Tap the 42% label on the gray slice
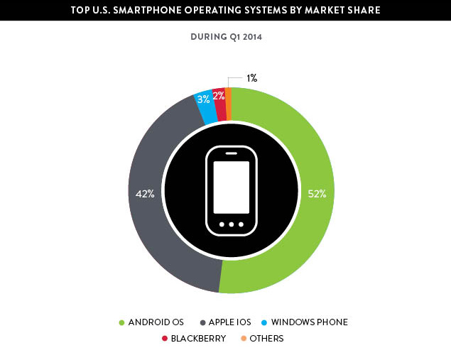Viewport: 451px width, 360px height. (x=144, y=192)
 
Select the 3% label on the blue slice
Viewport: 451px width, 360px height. (x=203, y=99)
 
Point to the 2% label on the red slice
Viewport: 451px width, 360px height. (x=219, y=95)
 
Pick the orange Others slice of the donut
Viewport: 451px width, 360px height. (x=228, y=92)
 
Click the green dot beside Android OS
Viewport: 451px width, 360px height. (x=121, y=322)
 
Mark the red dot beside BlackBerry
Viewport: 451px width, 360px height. (x=165, y=339)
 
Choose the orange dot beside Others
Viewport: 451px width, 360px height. (x=244, y=339)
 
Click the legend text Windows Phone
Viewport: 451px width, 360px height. (x=309, y=322)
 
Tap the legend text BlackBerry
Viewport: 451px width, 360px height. (x=198, y=339)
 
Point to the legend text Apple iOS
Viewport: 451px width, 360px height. (x=229, y=322)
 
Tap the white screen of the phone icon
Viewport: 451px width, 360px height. (x=232, y=187)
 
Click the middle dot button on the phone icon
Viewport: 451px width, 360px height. (x=232, y=224)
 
